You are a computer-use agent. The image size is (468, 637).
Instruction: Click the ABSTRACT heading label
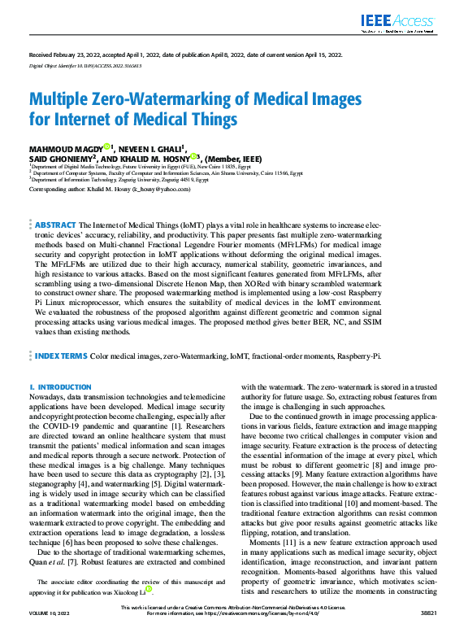click(56, 224)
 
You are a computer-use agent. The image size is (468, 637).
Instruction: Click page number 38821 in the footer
click(427, 631)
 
